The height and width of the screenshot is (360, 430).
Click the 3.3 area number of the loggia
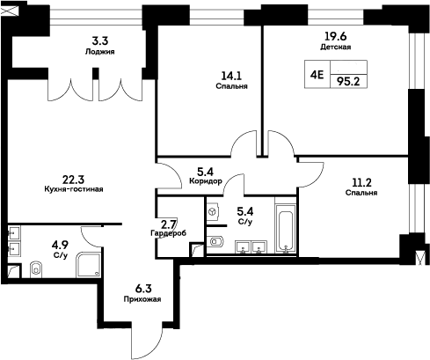pos(100,39)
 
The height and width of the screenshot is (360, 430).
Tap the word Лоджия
pos(102,51)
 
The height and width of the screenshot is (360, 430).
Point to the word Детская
pos(336,47)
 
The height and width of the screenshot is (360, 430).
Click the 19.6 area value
pos(335,36)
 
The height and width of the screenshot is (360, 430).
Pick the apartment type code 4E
pos(317,76)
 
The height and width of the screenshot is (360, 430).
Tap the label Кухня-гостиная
pos(74,188)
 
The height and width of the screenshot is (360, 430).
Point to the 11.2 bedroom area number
pos(361,182)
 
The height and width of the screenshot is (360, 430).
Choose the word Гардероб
pos(167,233)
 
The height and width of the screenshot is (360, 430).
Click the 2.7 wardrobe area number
pos(168,224)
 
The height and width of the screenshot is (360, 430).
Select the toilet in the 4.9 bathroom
pos(36,268)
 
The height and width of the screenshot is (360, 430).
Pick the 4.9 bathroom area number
pos(61,245)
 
